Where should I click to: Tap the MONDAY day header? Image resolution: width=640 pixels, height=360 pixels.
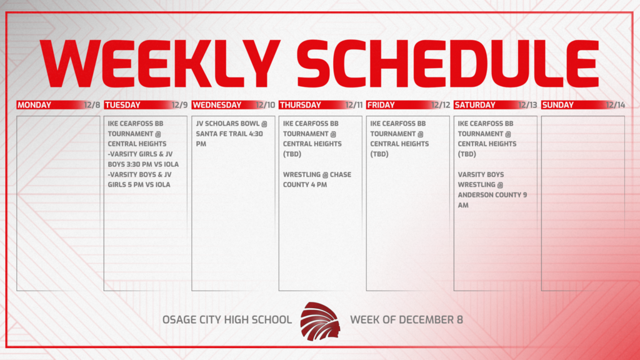34,105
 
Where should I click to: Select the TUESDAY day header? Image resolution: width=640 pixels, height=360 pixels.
122,105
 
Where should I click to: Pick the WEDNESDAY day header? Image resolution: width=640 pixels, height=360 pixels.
217,105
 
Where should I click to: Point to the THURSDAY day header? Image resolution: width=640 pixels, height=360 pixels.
300,105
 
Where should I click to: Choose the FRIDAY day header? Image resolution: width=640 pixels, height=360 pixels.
381,105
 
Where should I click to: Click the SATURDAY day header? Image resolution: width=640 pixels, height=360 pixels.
475,105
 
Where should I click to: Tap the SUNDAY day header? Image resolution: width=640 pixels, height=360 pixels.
557,105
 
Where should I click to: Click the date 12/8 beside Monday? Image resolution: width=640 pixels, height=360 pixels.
92,105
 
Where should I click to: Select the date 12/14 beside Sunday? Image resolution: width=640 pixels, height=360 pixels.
615,105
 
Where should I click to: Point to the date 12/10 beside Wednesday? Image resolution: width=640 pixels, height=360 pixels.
266,105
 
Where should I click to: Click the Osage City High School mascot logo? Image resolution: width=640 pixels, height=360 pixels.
320,320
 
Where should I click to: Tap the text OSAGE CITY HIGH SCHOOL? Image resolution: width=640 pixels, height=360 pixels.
227,320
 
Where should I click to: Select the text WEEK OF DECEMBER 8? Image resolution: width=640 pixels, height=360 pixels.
406,320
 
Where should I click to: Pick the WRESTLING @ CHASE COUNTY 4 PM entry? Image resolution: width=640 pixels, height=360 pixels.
317,179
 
